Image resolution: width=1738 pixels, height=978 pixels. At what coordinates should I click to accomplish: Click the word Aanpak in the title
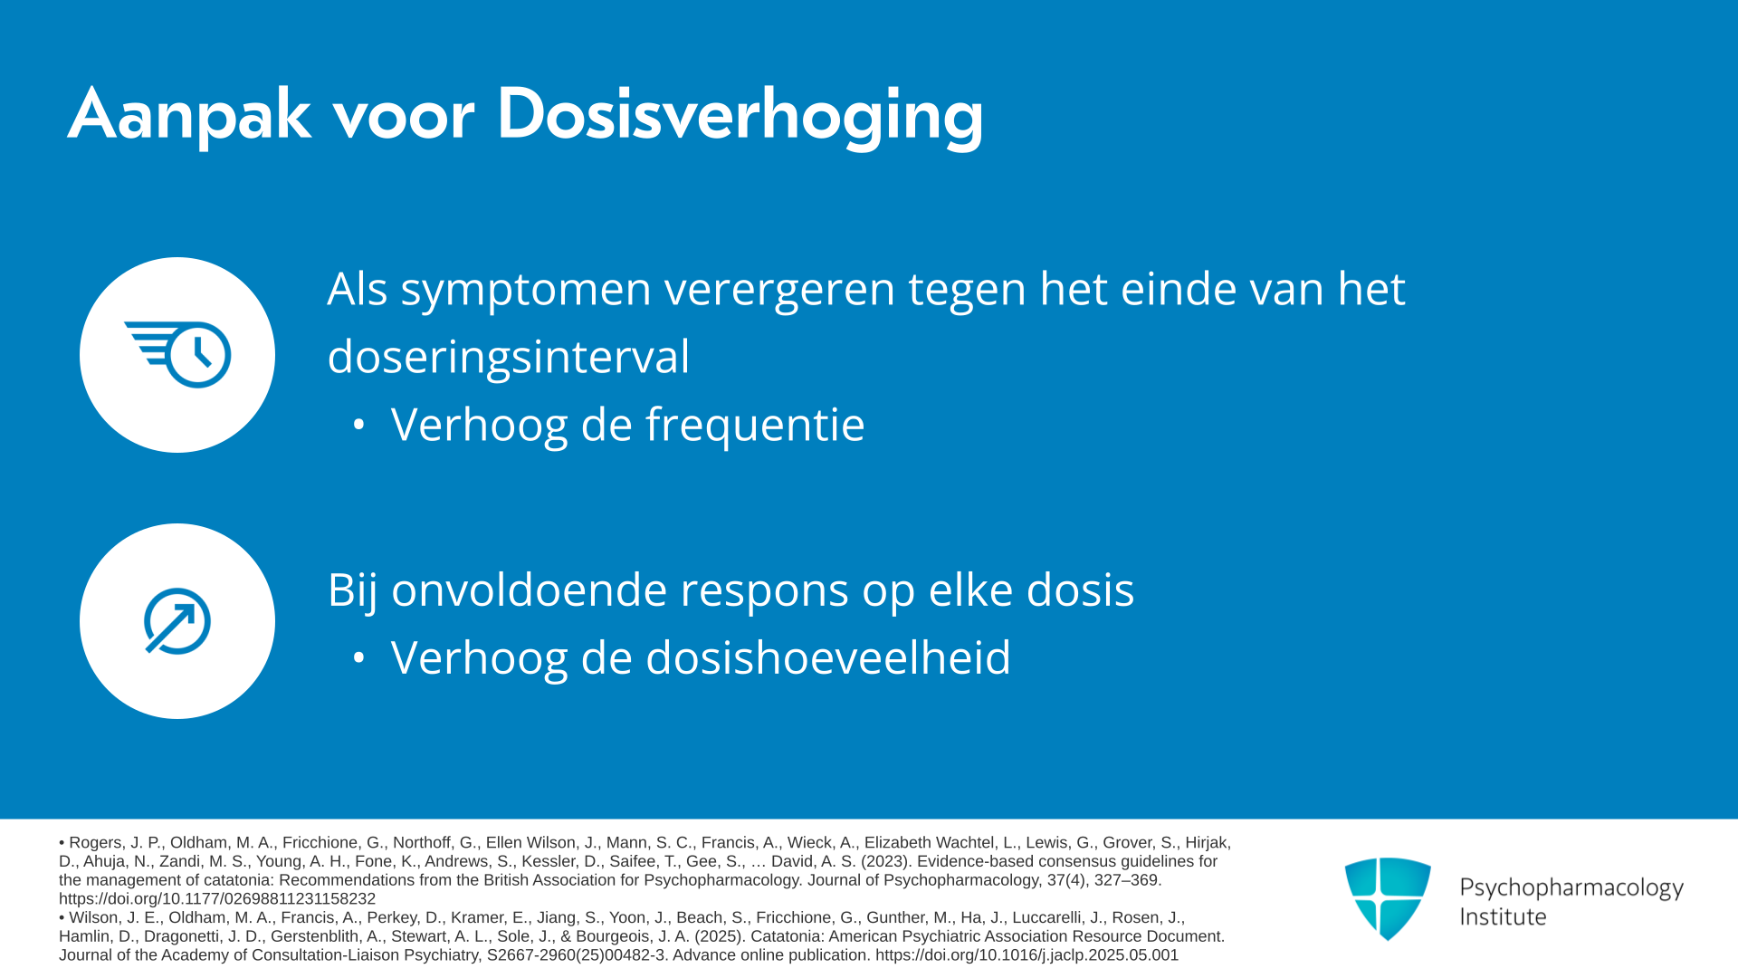[189, 115]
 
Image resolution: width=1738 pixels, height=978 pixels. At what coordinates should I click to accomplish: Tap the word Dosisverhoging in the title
[740, 115]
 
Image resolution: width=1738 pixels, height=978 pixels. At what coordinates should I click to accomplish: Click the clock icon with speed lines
[177, 354]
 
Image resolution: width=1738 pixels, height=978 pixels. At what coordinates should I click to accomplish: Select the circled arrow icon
[177, 621]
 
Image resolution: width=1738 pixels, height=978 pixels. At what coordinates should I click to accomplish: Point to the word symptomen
[526, 291]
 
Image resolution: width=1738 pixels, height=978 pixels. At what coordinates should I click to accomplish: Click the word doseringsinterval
[509, 357]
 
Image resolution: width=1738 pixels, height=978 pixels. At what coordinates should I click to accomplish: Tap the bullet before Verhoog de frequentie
[359, 424]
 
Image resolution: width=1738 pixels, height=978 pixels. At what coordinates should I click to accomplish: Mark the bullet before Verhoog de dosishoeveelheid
[359, 657]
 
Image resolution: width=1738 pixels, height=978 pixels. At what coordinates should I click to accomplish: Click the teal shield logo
[1388, 898]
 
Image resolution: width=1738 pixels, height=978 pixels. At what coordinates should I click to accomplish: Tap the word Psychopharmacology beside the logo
[1571, 888]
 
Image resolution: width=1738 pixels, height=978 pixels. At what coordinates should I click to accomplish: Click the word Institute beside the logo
[1503, 917]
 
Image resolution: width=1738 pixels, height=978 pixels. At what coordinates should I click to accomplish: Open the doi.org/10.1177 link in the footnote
[217, 899]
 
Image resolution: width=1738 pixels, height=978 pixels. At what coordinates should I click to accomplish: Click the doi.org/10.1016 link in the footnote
[1027, 955]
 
